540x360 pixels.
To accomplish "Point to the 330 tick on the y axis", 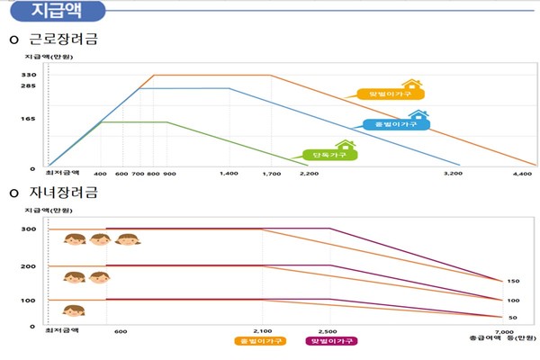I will pyautogui.click(x=29, y=75).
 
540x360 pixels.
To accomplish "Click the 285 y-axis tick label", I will pyautogui.click(x=29, y=87).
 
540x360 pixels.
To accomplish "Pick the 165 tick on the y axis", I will pyautogui.click(x=29, y=119).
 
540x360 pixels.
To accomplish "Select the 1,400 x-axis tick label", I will pyautogui.click(x=229, y=172).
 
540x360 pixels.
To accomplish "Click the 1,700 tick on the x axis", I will pyautogui.click(x=271, y=172).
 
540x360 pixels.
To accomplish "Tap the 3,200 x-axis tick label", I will pyautogui.click(x=453, y=172).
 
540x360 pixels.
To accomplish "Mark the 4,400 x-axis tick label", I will pyautogui.click(x=523, y=172).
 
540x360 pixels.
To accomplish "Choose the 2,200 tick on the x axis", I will pyautogui.click(x=309, y=172).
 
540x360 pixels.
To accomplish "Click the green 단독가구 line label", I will pyautogui.click(x=329, y=154).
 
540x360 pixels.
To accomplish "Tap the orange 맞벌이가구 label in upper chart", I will pyautogui.click(x=391, y=93).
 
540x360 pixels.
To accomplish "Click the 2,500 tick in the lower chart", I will pyautogui.click(x=328, y=331).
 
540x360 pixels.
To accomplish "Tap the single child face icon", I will pyautogui.click(x=74, y=311).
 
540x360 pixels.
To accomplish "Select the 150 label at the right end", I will pyautogui.click(x=513, y=282).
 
